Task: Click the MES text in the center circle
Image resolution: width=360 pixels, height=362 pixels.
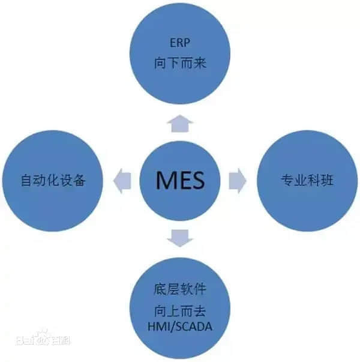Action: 180,179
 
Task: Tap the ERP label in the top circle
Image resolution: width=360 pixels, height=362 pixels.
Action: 179,43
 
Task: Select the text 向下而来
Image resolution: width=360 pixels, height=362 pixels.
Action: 179,62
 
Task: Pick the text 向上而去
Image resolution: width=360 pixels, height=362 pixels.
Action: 181,311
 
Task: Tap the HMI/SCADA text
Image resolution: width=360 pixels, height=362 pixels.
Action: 181,326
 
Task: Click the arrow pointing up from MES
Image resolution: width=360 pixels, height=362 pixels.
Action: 180,124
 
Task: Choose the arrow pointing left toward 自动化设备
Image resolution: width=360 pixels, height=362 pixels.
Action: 123,179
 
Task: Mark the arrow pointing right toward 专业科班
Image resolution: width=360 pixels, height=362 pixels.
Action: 237,179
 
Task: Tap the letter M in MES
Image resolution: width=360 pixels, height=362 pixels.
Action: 163,179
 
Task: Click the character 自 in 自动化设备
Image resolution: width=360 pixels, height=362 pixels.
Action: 25,179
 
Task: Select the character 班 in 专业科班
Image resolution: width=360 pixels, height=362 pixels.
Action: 327,179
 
